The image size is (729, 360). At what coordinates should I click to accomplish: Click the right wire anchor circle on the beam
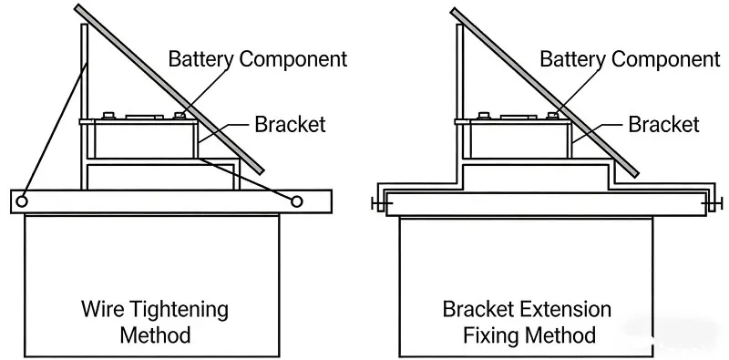[x=296, y=200]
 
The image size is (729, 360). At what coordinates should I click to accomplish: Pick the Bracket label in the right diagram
[x=662, y=123]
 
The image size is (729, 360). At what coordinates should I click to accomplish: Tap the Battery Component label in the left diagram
[x=257, y=59]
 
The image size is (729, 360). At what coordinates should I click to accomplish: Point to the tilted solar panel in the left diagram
[x=173, y=91]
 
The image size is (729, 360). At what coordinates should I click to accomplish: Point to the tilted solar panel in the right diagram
[x=547, y=91]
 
